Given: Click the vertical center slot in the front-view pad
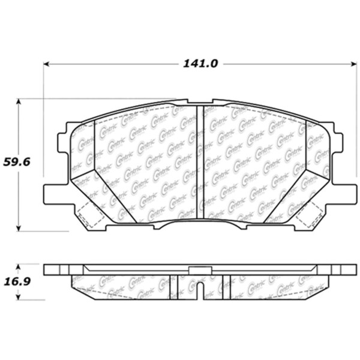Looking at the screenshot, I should click(200, 162).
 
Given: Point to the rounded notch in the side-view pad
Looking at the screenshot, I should click(200, 288).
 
